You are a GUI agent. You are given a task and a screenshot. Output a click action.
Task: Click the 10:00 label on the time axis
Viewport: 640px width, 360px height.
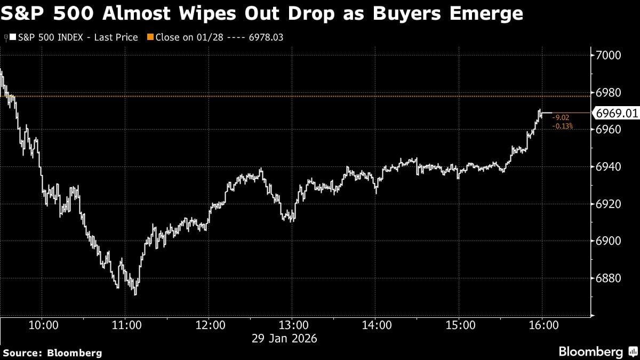[43, 324]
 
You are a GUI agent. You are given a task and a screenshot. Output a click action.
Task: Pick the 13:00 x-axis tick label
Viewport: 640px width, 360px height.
[293, 324]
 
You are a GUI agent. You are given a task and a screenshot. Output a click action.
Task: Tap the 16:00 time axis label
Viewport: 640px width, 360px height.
[542, 324]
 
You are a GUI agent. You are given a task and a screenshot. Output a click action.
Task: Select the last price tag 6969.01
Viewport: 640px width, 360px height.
[617, 113]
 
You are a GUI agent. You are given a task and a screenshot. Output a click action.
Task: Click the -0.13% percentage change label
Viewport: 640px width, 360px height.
[563, 126]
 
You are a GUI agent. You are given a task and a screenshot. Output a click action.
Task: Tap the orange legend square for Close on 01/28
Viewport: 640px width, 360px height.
[150, 37]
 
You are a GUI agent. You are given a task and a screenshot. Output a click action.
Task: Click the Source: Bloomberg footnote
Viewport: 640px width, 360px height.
[52, 353]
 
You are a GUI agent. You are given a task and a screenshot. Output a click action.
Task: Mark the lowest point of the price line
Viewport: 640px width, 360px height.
[135, 294]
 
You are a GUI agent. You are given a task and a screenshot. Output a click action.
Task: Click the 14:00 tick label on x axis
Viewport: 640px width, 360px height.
[376, 324]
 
